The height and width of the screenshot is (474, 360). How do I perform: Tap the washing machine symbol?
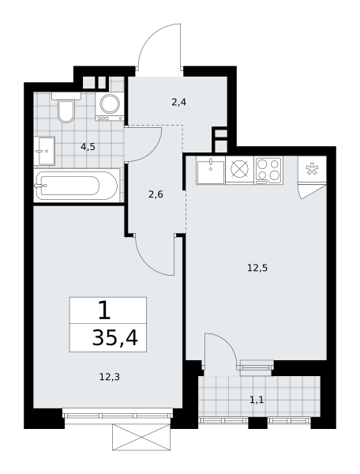(109, 106)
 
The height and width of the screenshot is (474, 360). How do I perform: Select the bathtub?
(76, 186)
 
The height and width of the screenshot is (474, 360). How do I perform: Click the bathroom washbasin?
(44, 151)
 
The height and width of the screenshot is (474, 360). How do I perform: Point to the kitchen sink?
(211, 170)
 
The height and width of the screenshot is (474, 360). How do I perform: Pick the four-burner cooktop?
(268, 170)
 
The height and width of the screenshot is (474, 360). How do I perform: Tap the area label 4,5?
(88, 147)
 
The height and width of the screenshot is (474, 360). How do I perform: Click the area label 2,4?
(178, 102)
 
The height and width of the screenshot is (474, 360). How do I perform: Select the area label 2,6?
(156, 194)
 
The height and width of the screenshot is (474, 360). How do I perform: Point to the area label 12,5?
(257, 268)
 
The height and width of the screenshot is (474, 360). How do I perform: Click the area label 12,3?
(110, 377)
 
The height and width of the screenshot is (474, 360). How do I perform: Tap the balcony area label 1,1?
(257, 401)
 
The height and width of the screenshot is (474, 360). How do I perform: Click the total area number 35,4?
(115, 337)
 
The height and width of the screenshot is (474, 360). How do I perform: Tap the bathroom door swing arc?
(154, 151)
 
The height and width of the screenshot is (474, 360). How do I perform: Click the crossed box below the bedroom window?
(141, 437)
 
